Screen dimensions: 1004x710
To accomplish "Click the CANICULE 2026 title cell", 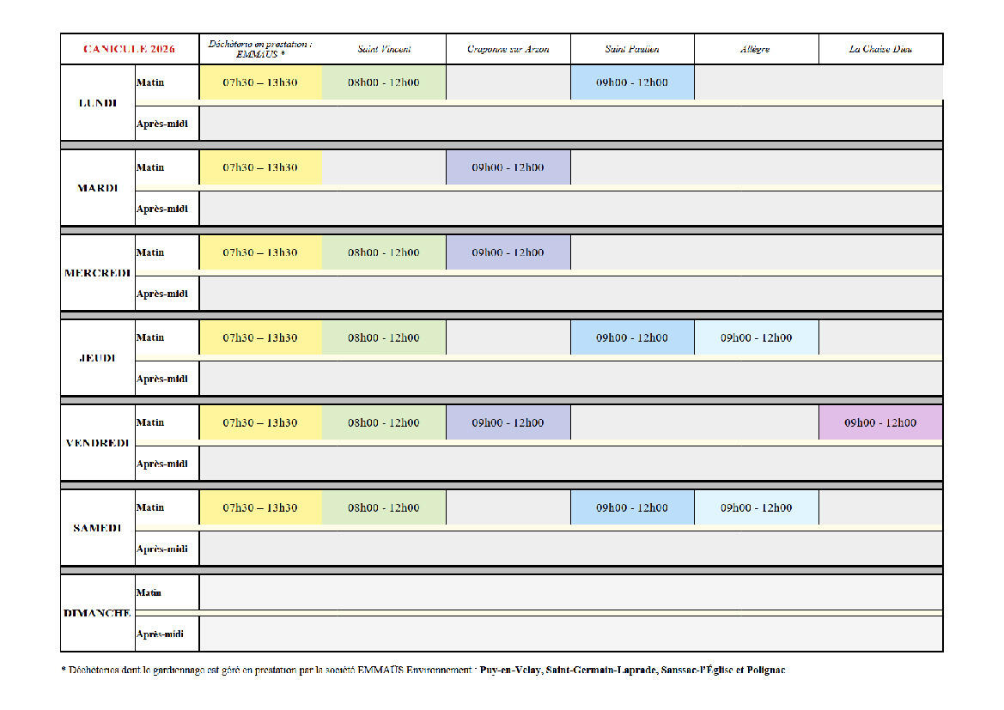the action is [x=130, y=49].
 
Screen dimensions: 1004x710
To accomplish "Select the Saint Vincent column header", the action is [x=384, y=49].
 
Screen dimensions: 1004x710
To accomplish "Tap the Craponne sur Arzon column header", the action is [x=508, y=49].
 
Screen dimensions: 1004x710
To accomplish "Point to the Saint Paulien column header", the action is [x=632, y=49].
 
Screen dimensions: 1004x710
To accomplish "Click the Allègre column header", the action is [x=756, y=49].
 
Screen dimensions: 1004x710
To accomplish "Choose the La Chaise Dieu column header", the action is [x=880, y=49].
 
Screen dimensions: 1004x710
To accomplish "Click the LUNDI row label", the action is [x=97, y=103].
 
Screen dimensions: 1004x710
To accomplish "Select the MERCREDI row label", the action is [x=97, y=273].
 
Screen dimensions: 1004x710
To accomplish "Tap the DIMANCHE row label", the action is [x=97, y=613].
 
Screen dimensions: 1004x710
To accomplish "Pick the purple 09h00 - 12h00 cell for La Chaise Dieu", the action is [x=880, y=422].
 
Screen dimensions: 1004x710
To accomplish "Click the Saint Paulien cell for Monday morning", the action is [x=632, y=82].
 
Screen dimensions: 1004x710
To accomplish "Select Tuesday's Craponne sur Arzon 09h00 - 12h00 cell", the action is [x=508, y=167].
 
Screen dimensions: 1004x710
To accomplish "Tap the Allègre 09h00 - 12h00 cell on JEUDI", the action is [x=756, y=338].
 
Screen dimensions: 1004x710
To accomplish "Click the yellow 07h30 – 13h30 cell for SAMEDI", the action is [x=260, y=507].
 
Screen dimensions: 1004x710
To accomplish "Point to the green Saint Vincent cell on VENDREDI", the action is [x=384, y=422].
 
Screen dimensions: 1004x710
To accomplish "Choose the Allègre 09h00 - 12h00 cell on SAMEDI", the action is [x=756, y=507].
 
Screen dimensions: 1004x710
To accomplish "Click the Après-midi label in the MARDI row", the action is [x=162, y=209].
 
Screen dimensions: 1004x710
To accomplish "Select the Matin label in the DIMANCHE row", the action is [x=149, y=593].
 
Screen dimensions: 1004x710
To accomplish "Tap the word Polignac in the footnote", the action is [x=766, y=671].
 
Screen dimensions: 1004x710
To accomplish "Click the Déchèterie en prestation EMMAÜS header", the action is [x=260, y=49].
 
